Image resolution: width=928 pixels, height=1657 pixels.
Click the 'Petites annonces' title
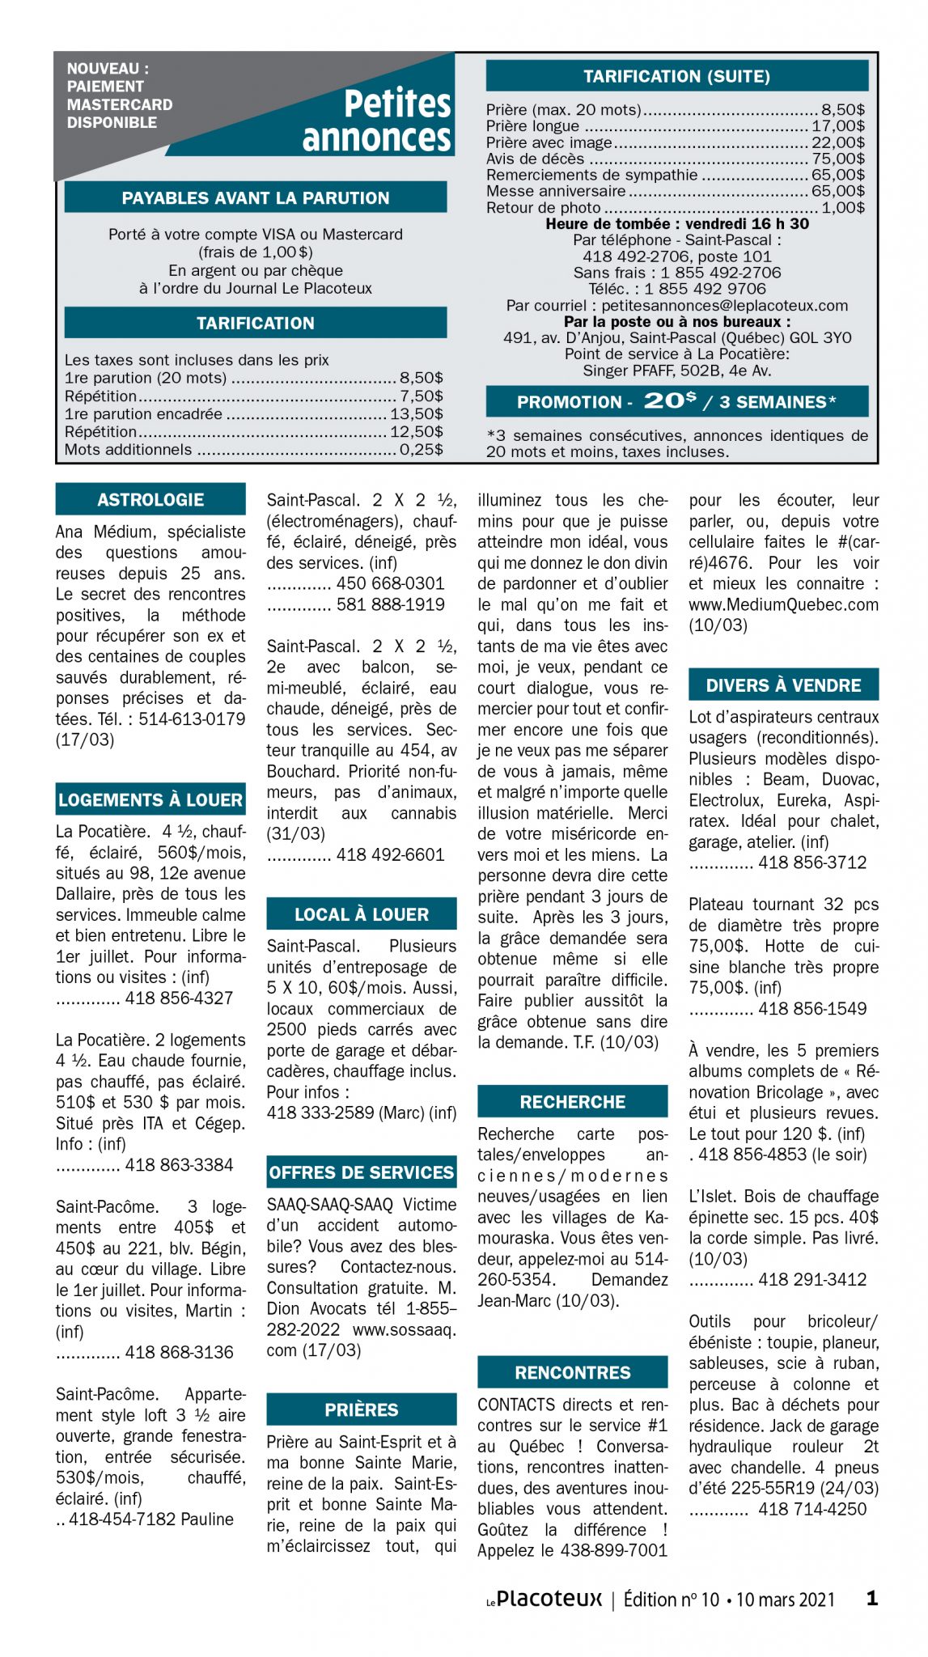[x=377, y=121]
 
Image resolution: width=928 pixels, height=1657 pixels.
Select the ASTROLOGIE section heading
[x=150, y=500]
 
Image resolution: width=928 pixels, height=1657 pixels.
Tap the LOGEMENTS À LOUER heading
[x=150, y=800]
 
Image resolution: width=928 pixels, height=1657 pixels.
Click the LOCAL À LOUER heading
[x=362, y=914]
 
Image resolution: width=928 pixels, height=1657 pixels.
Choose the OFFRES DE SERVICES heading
[x=362, y=1172]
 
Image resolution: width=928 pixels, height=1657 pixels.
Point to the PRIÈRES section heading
[x=362, y=1410]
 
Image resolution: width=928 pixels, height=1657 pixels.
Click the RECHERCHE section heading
[x=573, y=1102]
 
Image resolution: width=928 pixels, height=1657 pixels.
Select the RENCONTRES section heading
[x=573, y=1373]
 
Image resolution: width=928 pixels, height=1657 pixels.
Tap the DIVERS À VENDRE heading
[x=783, y=685]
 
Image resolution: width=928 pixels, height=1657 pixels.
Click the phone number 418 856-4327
[x=179, y=998]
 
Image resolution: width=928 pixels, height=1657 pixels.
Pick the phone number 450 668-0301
[x=390, y=583]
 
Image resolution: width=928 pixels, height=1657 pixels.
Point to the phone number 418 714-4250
[x=812, y=1509]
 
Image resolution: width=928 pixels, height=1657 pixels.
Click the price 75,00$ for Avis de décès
[x=838, y=159]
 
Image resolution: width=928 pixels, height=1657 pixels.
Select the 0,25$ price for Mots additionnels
[x=421, y=450]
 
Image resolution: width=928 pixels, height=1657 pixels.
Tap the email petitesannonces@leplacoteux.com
[x=725, y=305]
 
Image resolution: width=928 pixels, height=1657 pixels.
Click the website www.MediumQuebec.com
[x=783, y=604]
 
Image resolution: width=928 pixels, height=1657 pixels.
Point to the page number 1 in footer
[x=871, y=1598]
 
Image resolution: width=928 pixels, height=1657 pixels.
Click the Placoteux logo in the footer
[x=545, y=1599]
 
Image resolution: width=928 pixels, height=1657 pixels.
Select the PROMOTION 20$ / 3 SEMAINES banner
[x=676, y=401]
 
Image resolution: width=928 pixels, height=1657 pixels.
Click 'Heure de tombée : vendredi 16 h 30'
[x=676, y=224]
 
